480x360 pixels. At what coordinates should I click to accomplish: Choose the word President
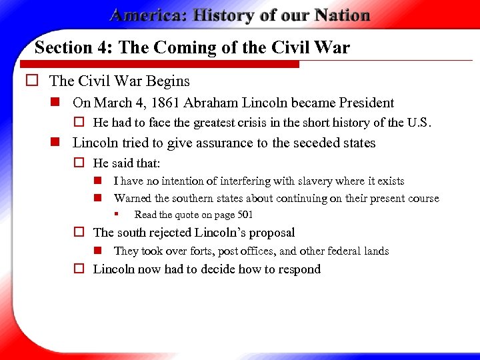point(366,103)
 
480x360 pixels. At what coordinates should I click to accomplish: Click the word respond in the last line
point(299,269)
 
